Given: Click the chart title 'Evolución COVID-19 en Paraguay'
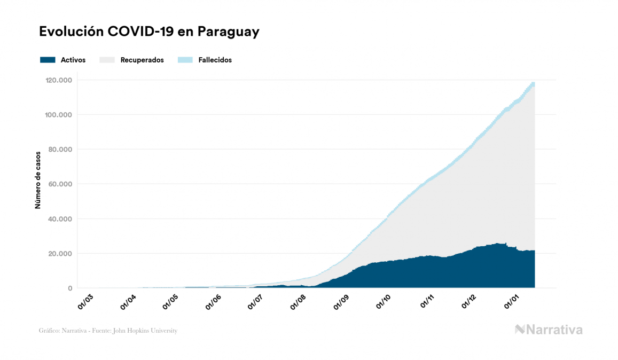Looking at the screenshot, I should [x=149, y=32].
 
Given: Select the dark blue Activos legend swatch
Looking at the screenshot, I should [x=48, y=60].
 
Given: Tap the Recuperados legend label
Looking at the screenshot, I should [x=142, y=60].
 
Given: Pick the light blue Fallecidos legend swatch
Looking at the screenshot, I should [x=184, y=60].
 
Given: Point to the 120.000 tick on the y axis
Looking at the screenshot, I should [x=59, y=80].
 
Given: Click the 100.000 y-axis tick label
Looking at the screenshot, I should [x=59, y=115].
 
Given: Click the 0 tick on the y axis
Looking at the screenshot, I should [x=70, y=288].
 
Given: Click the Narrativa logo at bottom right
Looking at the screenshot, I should [x=549, y=330].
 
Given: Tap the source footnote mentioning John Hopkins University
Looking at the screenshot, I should [x=108, y=331].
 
